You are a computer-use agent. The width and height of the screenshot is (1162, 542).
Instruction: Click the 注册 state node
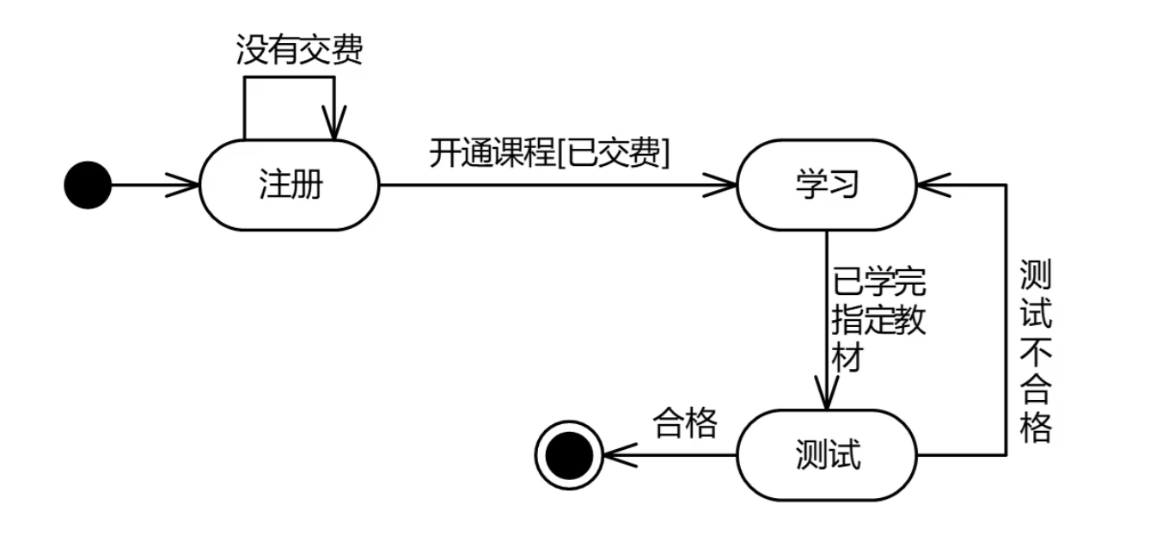(x=289, y=185)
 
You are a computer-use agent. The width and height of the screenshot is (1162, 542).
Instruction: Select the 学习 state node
(x=827, y=185)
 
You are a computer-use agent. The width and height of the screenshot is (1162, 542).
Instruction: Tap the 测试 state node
(x=827, y=454)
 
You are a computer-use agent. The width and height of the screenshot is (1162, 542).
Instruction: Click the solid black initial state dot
(x=88, y=185)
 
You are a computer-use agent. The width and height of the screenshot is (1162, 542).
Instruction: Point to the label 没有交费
(x=299, y=51)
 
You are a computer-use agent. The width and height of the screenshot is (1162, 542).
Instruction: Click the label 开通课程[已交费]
(x=550, y=154)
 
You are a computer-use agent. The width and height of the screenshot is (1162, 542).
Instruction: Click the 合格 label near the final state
(x=685, y=423)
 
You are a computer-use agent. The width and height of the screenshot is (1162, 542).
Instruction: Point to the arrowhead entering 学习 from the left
(x=727, y=185)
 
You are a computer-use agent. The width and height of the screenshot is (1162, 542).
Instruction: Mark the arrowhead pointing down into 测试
(x=827, y=397)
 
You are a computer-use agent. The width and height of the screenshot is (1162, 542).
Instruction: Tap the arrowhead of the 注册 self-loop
(x=334, y=126)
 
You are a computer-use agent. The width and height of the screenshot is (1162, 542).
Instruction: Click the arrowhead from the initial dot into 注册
(x=188, y=185)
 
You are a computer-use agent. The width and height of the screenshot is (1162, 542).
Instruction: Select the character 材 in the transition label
(x=847, y=355)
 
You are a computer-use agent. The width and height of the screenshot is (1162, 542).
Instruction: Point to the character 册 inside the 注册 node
(x=306, y=185)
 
